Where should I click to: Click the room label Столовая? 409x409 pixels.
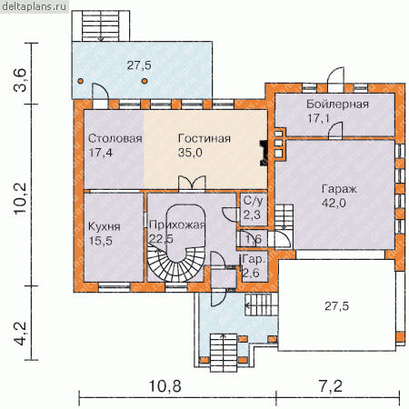pos(115,138)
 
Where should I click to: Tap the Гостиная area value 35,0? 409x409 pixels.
pos(190,153)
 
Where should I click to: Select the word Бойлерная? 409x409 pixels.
pos(337,104)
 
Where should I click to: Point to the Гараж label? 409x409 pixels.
pos(339,189)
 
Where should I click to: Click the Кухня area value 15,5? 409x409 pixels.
pos(101,241)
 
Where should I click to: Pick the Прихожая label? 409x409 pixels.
pos(177,225)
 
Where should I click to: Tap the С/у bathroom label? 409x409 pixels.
pos(254,201)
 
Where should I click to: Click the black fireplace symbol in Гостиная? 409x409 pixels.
pos(264,153)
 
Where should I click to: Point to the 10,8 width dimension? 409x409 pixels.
pos(165,386)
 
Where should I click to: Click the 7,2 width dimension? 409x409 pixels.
pos(331,386)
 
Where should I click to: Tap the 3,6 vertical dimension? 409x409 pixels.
pos(21,80)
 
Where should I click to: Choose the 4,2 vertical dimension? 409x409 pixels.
pos(21,334)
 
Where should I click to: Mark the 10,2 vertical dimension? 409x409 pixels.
pos(21,199)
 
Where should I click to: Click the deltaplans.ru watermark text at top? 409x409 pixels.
pos(35,6)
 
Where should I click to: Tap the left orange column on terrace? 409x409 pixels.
pos(80,81)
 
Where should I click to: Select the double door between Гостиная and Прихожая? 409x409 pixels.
pos(192,184)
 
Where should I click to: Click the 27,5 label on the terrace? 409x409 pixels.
pos(139,65)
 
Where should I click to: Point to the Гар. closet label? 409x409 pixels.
pos(254,259)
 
